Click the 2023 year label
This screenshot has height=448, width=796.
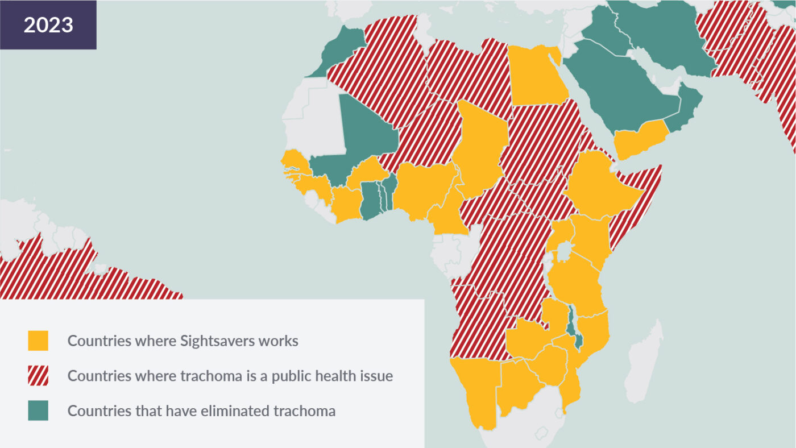point(48,25)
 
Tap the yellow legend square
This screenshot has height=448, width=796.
point(38,341)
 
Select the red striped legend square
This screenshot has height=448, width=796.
point(38,376)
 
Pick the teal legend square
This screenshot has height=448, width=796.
point(38,410)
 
